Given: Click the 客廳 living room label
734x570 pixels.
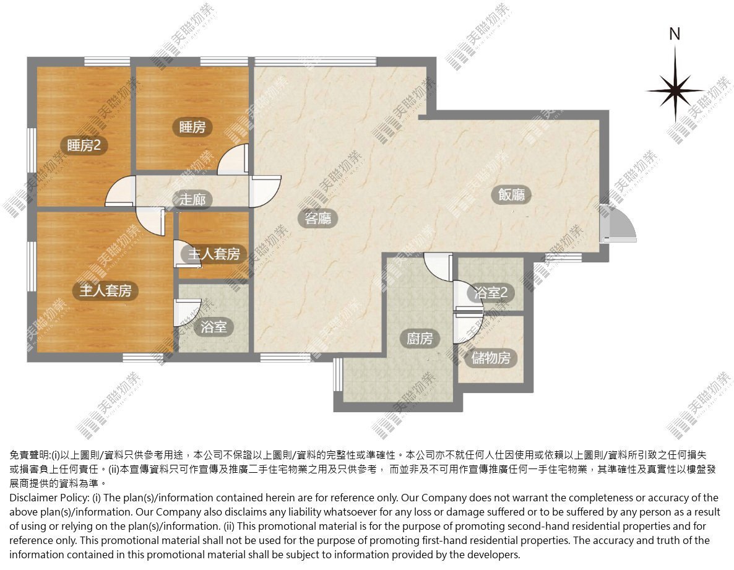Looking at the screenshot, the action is (318, 218).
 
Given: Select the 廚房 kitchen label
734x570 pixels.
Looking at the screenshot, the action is (420, 338).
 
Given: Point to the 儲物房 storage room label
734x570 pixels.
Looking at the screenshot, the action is (491, 358).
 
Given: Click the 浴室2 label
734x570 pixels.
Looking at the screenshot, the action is (491, 293).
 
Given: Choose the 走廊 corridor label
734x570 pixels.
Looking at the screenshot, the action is (192, 200).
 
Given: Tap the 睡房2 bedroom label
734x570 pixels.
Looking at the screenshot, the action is (84, 145).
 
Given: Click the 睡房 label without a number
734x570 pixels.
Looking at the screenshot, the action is (192, 127).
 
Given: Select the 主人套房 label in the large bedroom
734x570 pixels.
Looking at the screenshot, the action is (105, 291).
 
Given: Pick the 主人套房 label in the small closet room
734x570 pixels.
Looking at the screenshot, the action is (214, 254).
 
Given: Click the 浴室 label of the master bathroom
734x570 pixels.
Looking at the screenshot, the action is (214, 327).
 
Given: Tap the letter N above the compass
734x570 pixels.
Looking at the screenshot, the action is (675, 34).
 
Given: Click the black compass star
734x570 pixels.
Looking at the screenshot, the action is (675, 90).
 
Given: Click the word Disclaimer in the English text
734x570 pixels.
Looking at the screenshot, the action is (32, 498).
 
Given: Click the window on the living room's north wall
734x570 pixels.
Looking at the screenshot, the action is (315, 61).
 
